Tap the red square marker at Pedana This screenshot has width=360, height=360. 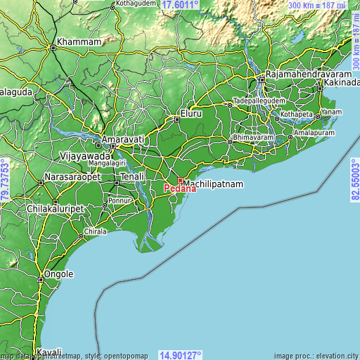180,181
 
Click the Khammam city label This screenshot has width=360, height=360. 79,42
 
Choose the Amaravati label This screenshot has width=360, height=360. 123,140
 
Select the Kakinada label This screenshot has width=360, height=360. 341,83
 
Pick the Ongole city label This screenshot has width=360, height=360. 59,274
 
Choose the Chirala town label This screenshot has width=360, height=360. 95,231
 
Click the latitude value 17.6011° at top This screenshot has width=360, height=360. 181,4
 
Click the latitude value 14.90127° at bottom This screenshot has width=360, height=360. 181,355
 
